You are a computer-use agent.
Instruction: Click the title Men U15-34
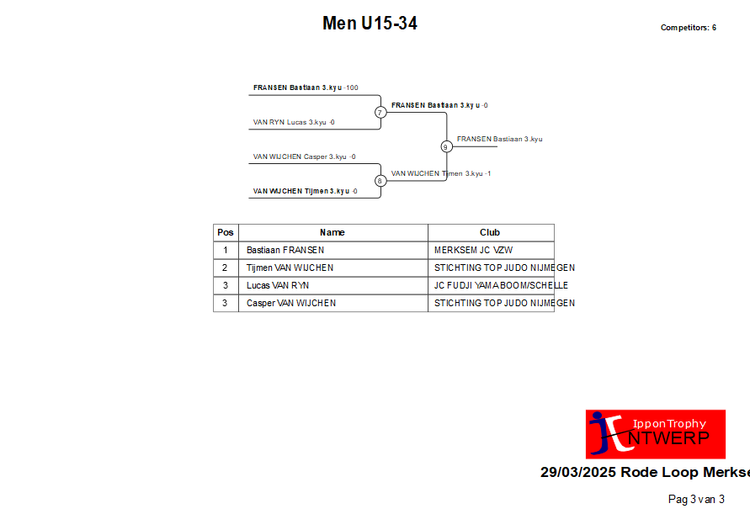(370, 23)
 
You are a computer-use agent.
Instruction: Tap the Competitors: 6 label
(689, 28)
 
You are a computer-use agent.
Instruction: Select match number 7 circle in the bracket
(380, 112)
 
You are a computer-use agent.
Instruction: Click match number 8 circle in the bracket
(380, 181)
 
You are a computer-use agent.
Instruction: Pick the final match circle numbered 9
(446, 146)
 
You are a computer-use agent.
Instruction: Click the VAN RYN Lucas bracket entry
(294, 122)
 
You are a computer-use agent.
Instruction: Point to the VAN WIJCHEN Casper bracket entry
(304, 156)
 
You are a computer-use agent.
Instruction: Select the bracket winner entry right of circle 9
(499, 139)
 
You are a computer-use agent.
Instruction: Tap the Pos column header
(226, 232)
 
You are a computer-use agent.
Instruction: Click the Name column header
(332, 232)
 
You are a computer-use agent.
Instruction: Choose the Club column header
(490, 232)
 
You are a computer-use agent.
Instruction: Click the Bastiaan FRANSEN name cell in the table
(285, 250)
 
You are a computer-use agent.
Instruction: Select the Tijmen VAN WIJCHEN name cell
(290, 268)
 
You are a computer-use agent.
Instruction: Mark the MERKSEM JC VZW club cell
(473, 250)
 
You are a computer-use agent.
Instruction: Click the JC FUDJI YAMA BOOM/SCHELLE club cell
(501, 285)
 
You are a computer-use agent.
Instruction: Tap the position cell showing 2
(225, 268)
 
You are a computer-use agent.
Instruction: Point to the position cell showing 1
(226, 250)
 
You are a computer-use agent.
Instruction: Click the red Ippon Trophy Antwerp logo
(655, 434)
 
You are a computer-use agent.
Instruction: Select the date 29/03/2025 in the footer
(577, 472)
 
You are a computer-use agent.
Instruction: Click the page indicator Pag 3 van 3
(696, 500)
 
